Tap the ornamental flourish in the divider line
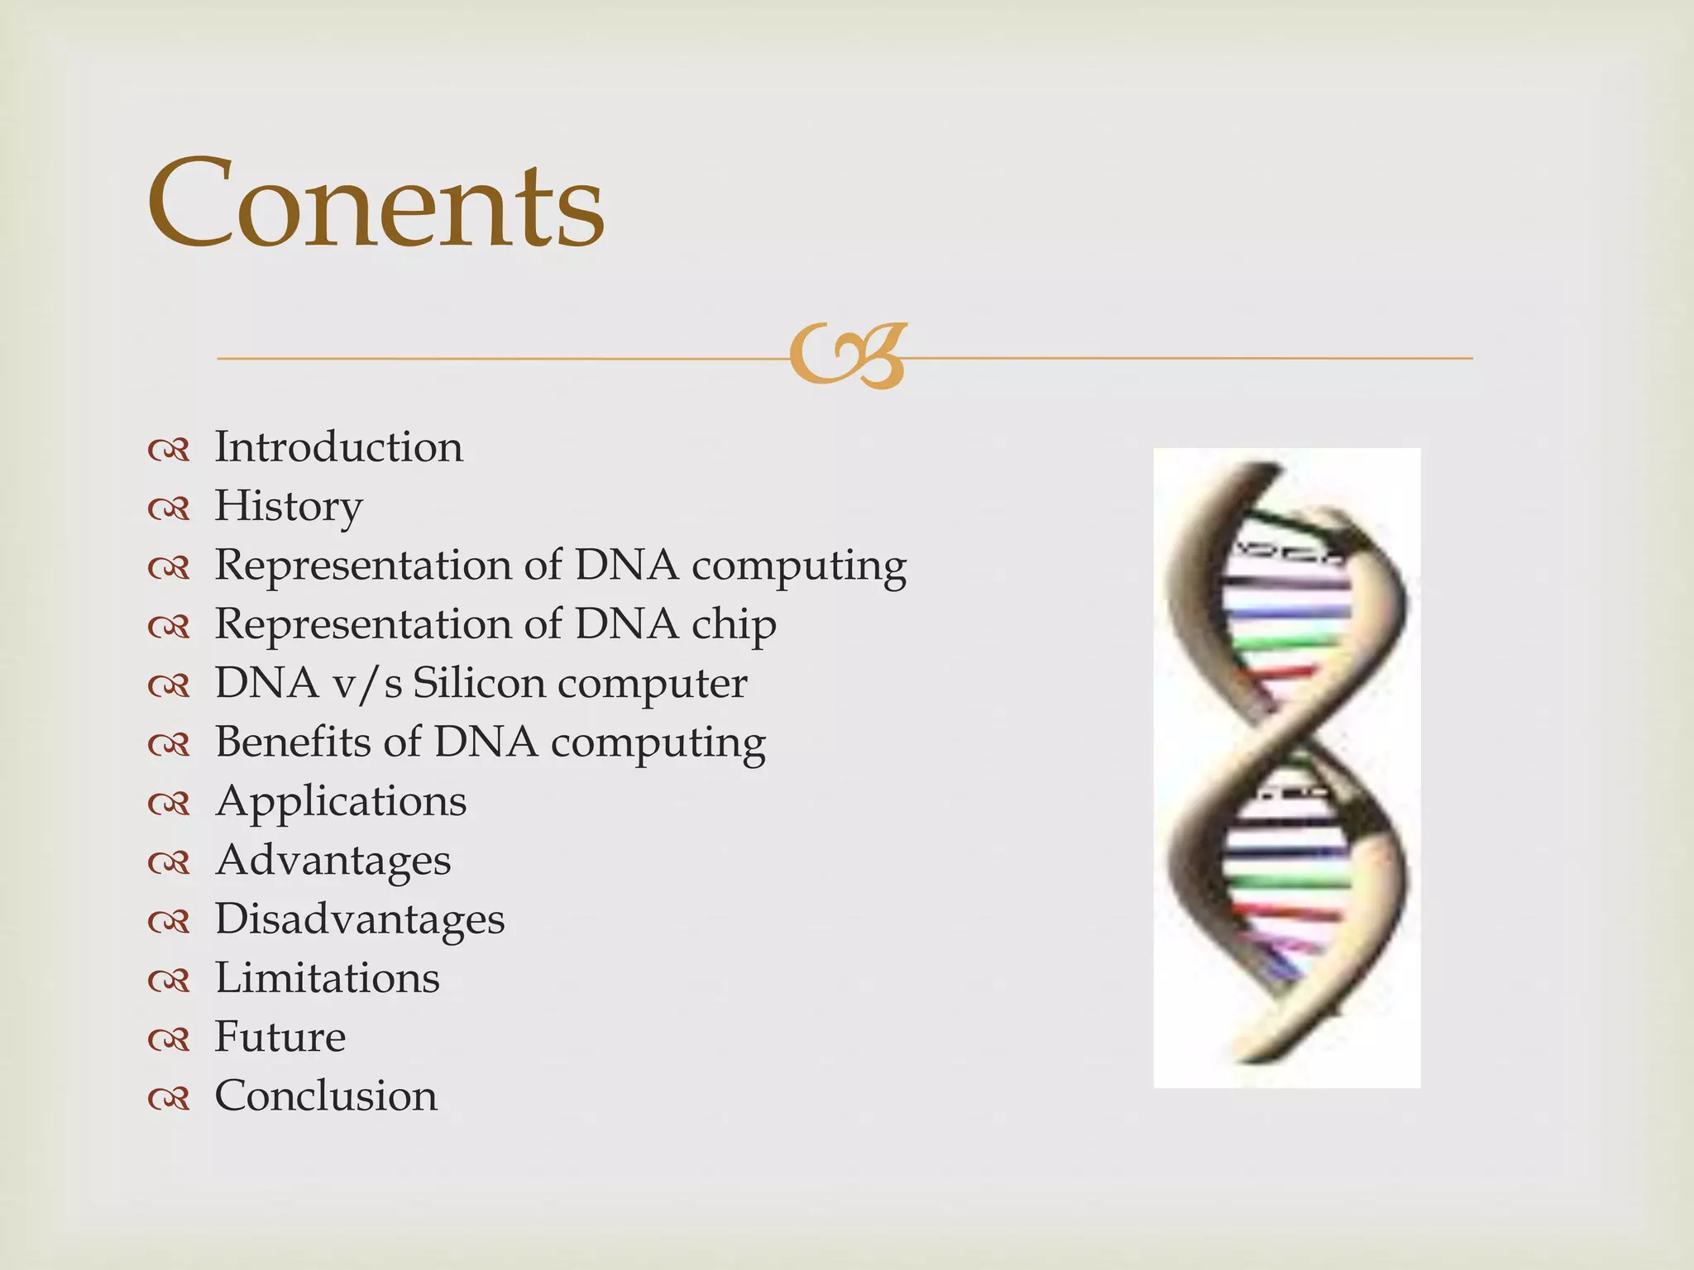(848, 356)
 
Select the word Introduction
(339, 447)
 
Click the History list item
(289, 506)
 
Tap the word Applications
(341, 801)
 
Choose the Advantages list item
(333, 860)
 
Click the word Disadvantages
(360, 919)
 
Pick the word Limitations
(328, 978)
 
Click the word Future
(280, 1037)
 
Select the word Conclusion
(326, 1096)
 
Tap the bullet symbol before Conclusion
(169, 1099)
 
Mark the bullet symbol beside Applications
(169, 804)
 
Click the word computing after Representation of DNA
(799, 566)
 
